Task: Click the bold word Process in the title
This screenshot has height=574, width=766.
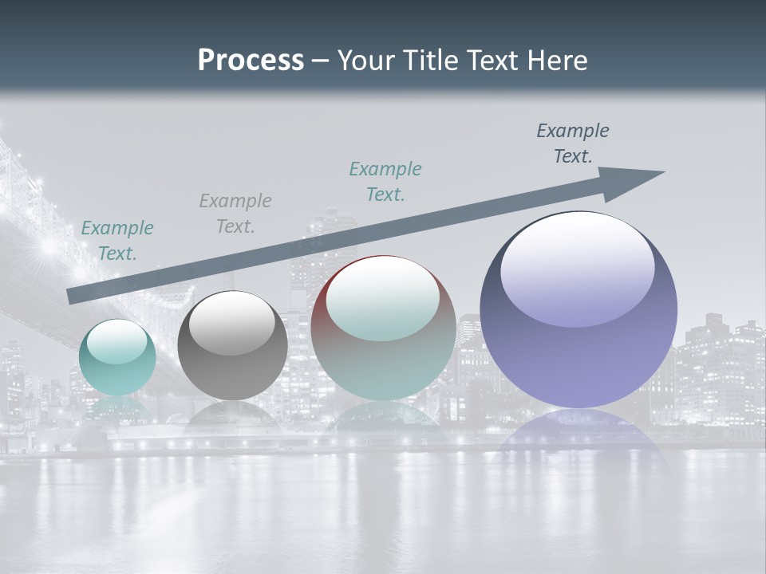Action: coord(251,61)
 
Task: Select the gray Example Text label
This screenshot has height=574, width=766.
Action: coord(235,214)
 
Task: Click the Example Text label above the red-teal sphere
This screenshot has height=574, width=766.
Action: coord(385,181)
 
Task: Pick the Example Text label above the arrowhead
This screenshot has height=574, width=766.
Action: coord(573,143)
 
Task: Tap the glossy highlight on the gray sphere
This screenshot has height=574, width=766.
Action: coord(232,323)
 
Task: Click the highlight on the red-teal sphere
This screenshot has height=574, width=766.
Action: coord(382,299)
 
